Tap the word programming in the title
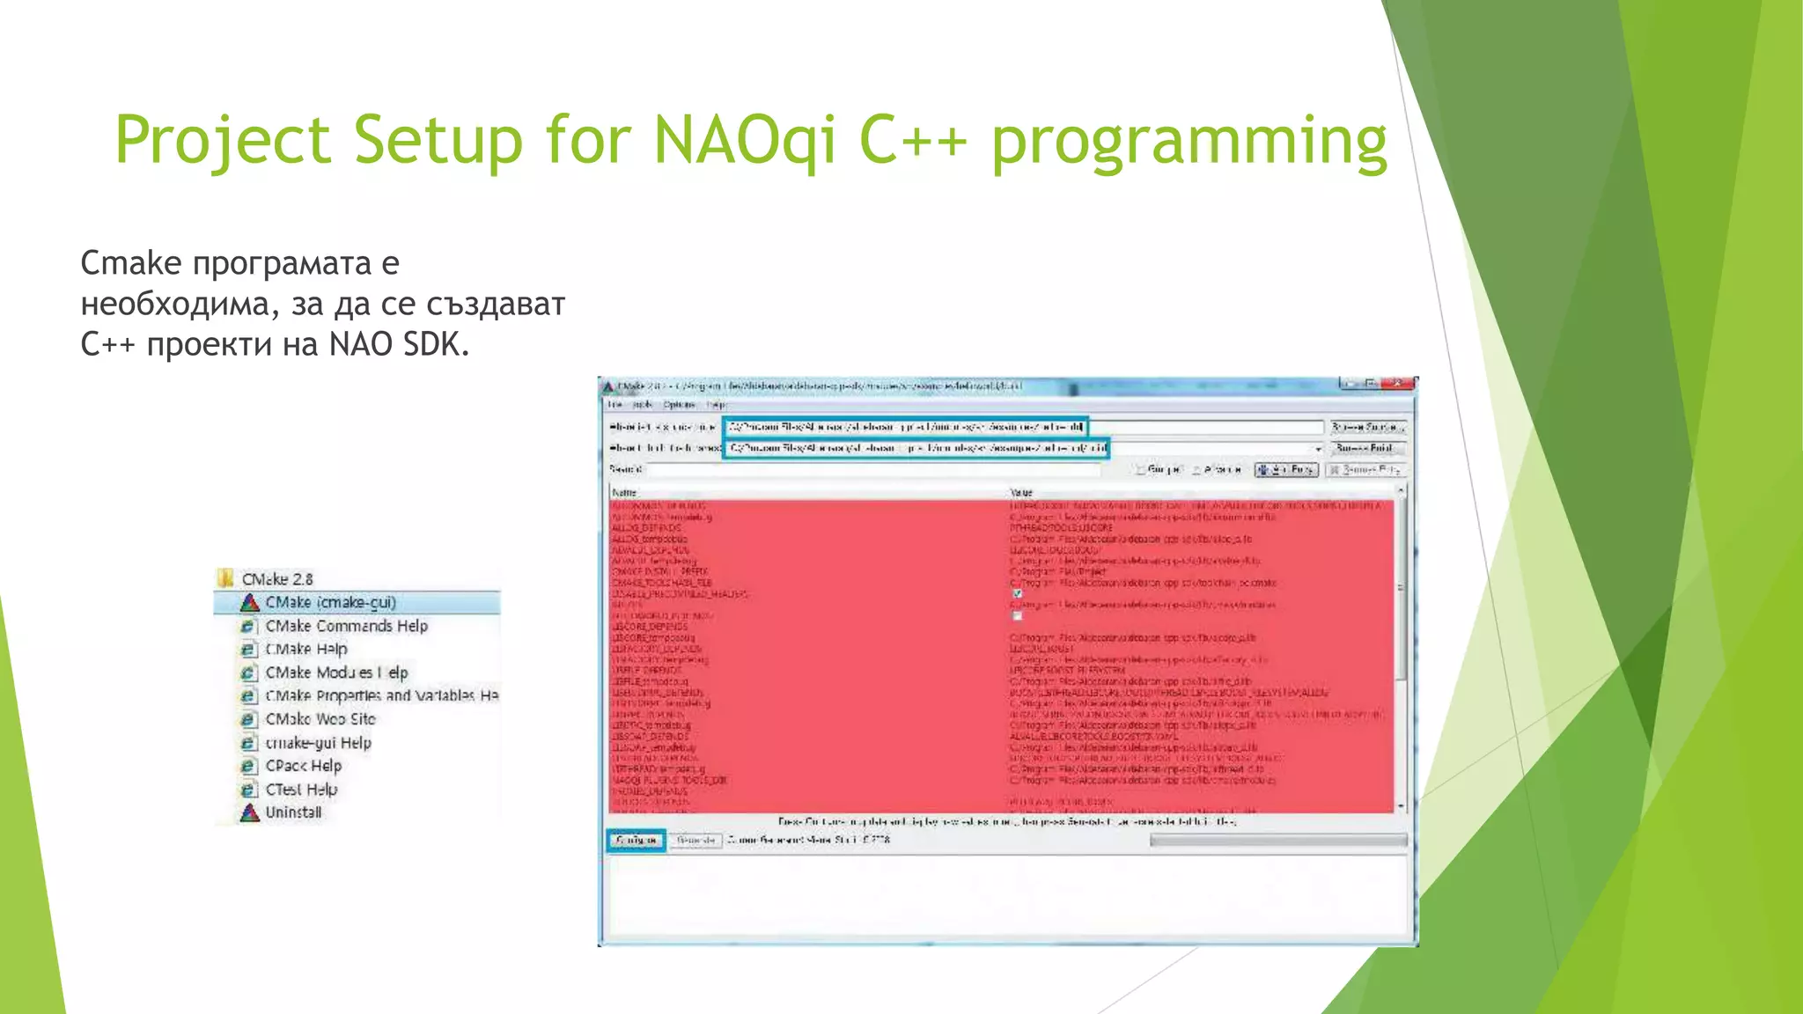tap(1189, 143)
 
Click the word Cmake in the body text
tap(131, 262)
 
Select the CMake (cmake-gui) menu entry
tap(330, 602)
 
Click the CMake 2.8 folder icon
tap(226, 578)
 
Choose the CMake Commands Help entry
tap(346, 626)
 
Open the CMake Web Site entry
tap(320, 719)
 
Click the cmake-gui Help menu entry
tap(318, 743)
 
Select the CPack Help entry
tap(303, 766)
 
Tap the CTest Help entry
tap(301, 790)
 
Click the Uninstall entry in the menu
tap(293, 812)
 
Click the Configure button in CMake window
tap(636, 840)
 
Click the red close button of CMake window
tap(1397, 384)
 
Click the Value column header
tap(1021, 493)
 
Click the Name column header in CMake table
tap(624, 493)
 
